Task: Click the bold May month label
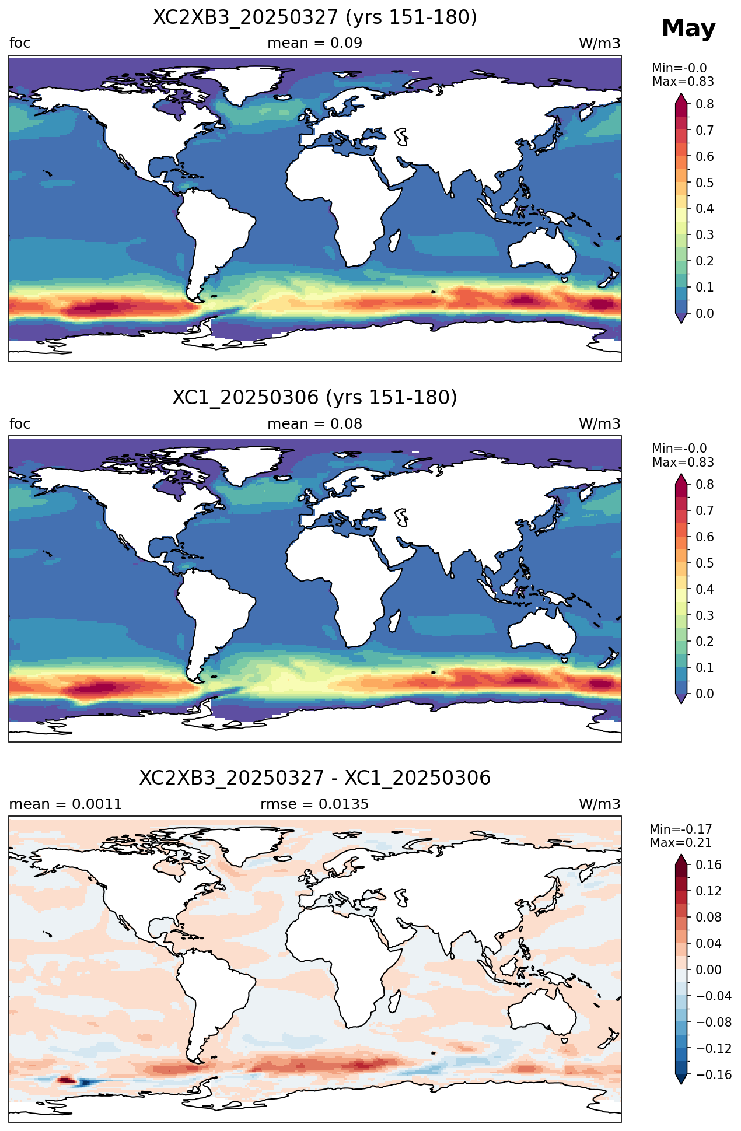coord(688,29)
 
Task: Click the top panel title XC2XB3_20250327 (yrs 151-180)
coord(315,17)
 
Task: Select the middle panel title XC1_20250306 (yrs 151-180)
coord(315,398)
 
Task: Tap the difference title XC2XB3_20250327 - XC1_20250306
coord(315,778)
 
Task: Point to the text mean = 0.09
coord(315,43)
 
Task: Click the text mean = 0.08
coord(315,424)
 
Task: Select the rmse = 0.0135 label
coord(315,804)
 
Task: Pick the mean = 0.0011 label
coord(66,804)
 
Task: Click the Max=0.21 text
coord(681,843)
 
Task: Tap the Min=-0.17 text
coord(681,829)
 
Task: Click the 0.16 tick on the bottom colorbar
coord(708,865)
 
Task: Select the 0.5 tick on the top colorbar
coord(705,183)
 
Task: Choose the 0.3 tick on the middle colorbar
coord(705,615)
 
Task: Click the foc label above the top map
coord(20,43)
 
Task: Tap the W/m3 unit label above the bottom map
coord(600,804)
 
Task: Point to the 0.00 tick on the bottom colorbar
coord(708,970)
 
